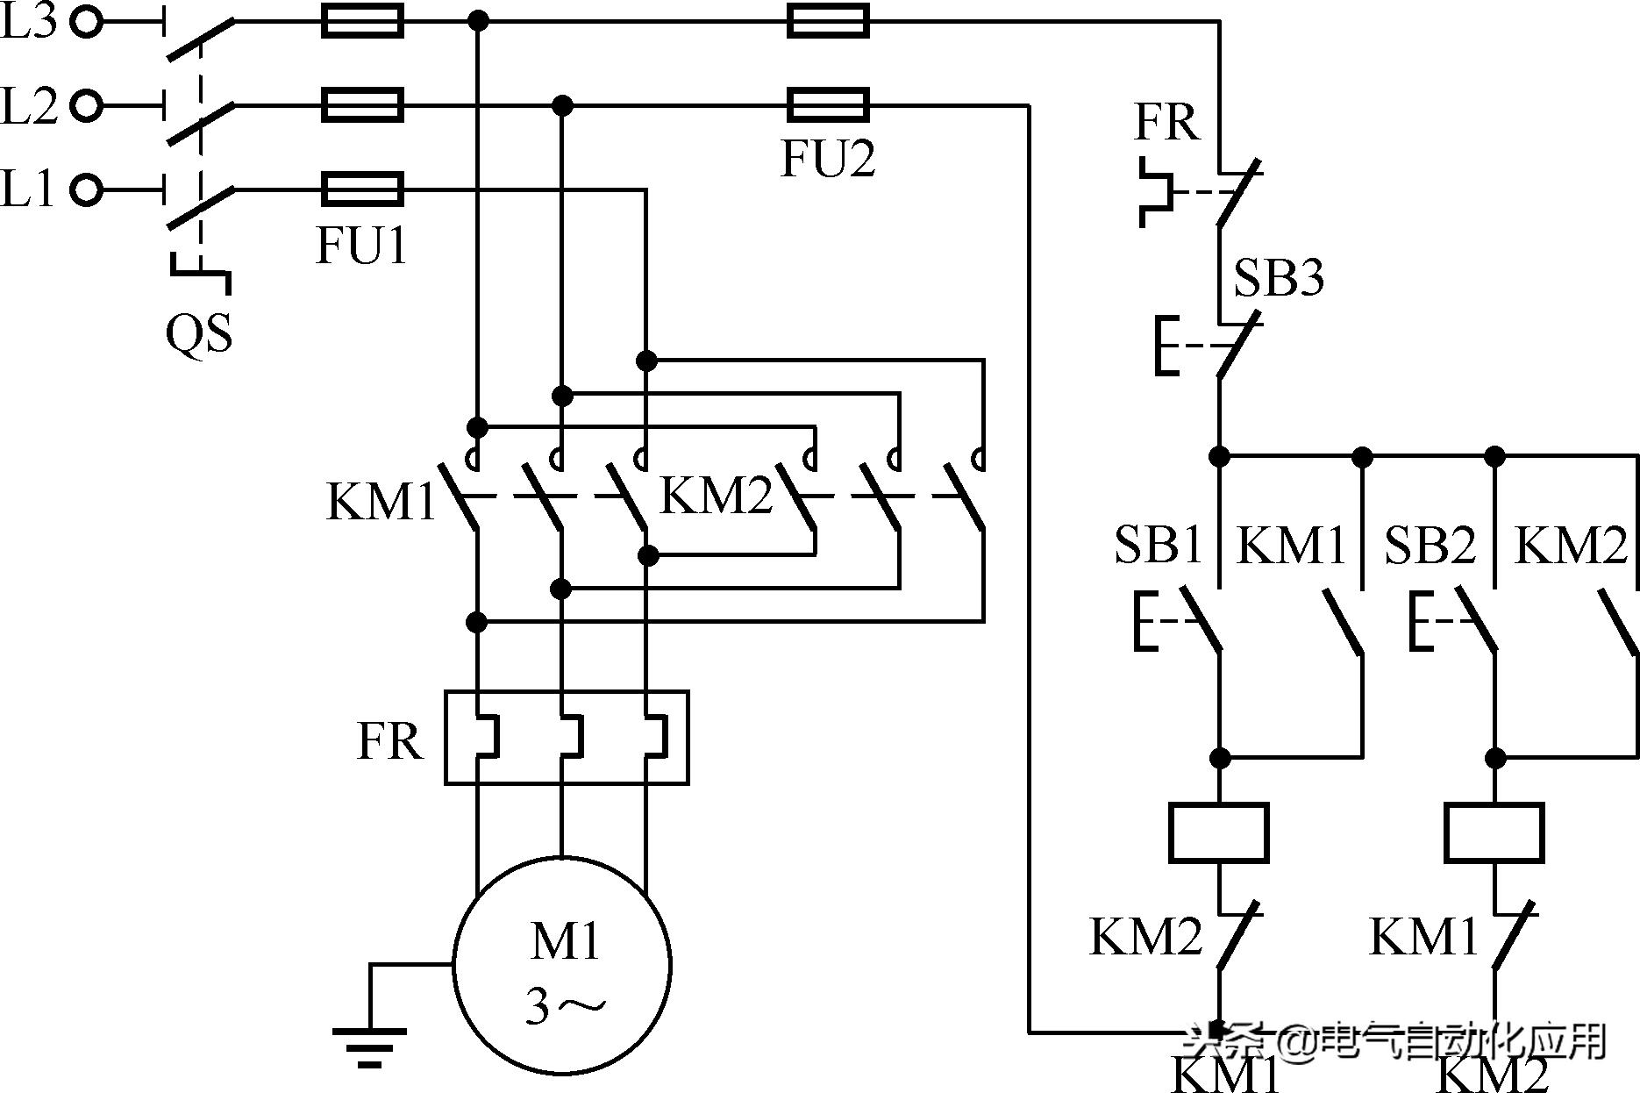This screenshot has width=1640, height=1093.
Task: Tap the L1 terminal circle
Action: [86, 189]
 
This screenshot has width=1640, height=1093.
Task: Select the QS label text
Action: [199, 333]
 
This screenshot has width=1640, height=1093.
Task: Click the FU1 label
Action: [361, 245]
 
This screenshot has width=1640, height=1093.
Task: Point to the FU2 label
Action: [828, 159]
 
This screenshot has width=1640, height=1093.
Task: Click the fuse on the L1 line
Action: [362, 189]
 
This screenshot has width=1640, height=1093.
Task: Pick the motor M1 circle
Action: [562, 966]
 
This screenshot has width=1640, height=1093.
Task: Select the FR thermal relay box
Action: [567, 737]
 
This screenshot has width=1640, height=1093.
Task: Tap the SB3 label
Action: [1278, 277]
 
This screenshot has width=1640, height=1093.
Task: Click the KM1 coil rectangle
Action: [1219, 832]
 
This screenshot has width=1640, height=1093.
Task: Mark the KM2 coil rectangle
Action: [1494, 832]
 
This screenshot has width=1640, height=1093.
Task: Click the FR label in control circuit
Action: [1166, 122]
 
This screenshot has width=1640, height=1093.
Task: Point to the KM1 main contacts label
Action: [381, 503]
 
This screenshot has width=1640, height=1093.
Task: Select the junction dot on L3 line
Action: [478, 20]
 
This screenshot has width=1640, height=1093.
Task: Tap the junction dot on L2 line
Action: [562, 106]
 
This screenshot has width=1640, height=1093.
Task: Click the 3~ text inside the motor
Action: [565, 1005]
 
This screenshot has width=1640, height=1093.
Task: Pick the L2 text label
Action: [29, 105]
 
